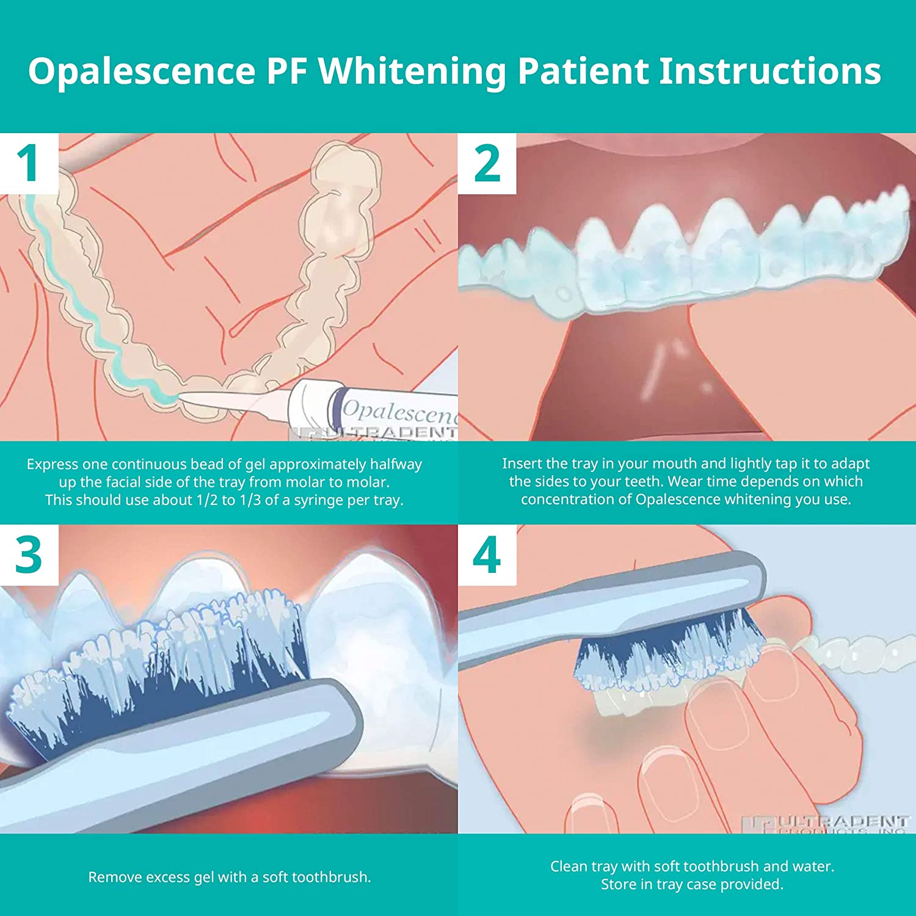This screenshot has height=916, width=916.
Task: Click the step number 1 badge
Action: click(28, 164)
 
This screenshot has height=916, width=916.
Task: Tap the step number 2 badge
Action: click(487, 164)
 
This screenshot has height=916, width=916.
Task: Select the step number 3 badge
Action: click(28, 555)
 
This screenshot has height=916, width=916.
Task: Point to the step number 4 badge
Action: click(487, 555)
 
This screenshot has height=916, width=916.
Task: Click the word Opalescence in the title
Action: click(141, 71)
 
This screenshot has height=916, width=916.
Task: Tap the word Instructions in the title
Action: click(769, 71)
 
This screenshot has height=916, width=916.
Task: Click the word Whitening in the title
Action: click(412, 71)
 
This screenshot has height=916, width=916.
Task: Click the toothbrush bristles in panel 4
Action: click(666, 653)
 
